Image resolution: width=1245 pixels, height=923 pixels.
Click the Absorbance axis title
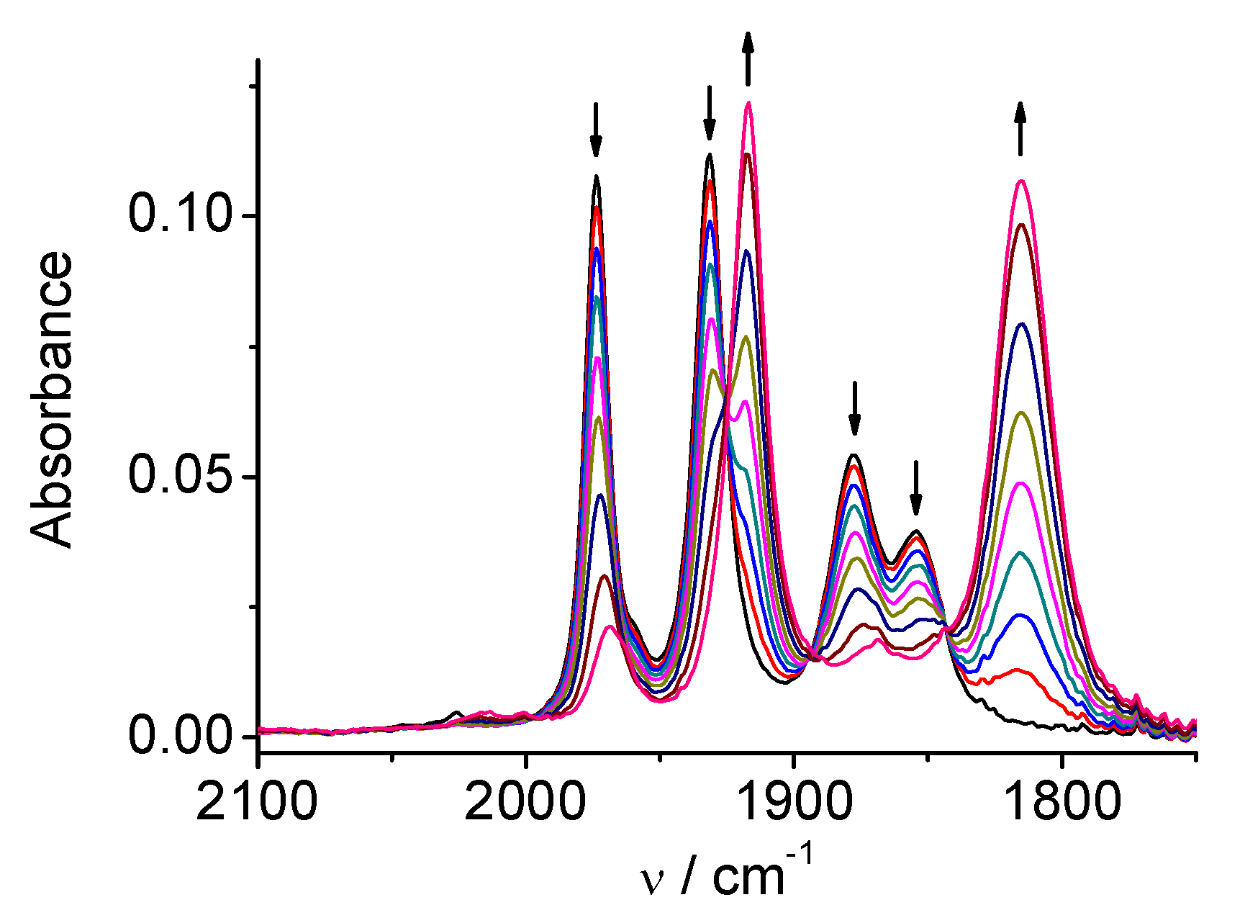pos(53,400)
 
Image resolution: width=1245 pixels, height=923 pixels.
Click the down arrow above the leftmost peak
pos(595,130)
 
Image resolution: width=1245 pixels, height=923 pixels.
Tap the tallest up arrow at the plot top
pos(748,59)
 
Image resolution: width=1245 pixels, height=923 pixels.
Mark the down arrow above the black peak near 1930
pos(710,113)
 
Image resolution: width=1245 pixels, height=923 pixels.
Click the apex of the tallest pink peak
pos(748,103)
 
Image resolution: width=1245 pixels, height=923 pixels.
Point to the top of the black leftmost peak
pos(596,176)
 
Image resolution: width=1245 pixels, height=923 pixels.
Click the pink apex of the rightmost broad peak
pos(1020,181)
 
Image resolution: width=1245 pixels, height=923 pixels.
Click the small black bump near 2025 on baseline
pos(456,713)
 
